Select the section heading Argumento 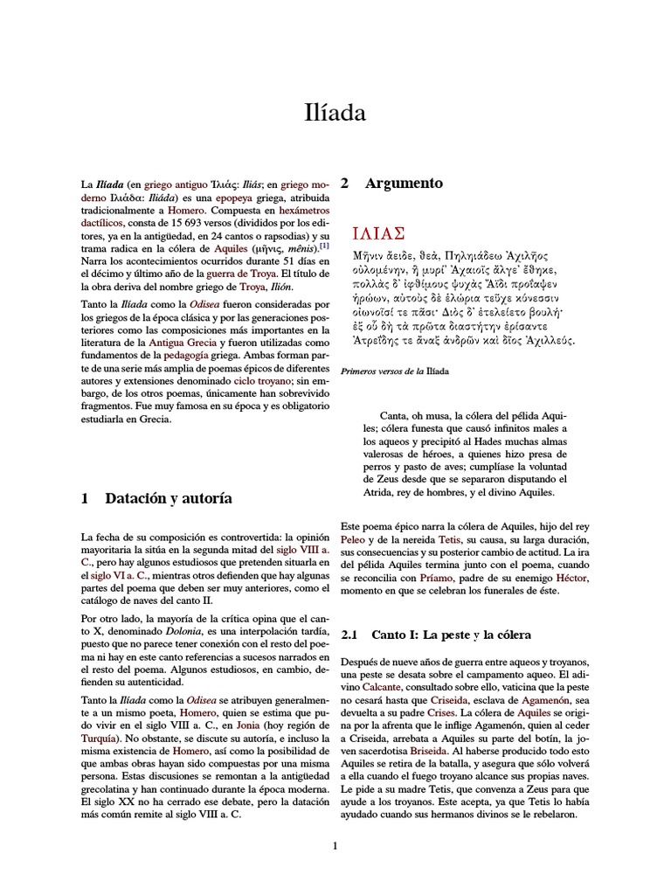(x=404, y=184)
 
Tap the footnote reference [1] (x=324, y=247)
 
